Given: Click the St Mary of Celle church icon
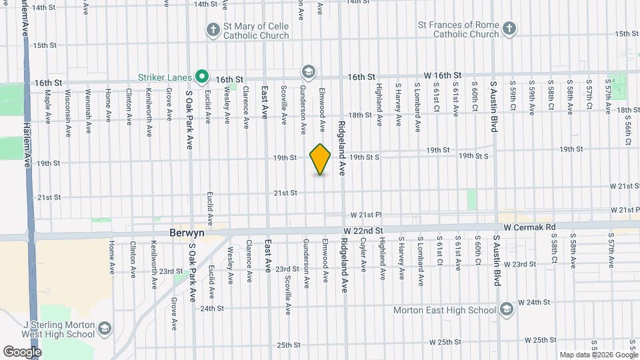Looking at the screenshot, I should coord(213,30).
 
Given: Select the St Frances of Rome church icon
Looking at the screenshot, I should coord(509,29).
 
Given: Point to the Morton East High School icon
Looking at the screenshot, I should coord(507,309).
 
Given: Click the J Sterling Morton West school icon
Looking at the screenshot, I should coord(105,329).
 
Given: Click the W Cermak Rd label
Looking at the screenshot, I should coord(529,227).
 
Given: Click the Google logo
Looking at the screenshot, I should coord(22,351).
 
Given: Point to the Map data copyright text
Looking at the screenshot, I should coord(599,355).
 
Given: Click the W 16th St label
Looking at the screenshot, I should coord(443,75).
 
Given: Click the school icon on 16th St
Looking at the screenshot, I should coord(308,71).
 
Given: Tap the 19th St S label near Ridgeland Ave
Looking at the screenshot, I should coord(364,157).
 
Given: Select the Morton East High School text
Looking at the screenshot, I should coord(453,309).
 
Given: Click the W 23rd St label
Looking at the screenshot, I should coord(521,264).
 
